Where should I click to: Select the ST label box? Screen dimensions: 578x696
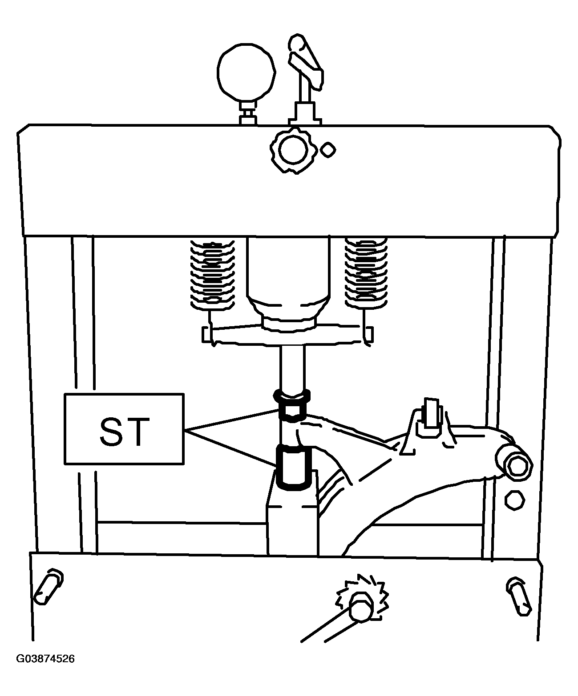point(124,429)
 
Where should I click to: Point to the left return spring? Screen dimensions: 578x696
point(213,274)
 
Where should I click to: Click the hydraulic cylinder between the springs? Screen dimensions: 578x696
point(288,284)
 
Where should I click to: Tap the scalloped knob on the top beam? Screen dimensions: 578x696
point(293,150)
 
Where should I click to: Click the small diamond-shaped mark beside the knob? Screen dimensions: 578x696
point(328,150)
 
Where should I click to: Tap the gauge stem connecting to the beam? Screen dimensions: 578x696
point(248,113)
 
